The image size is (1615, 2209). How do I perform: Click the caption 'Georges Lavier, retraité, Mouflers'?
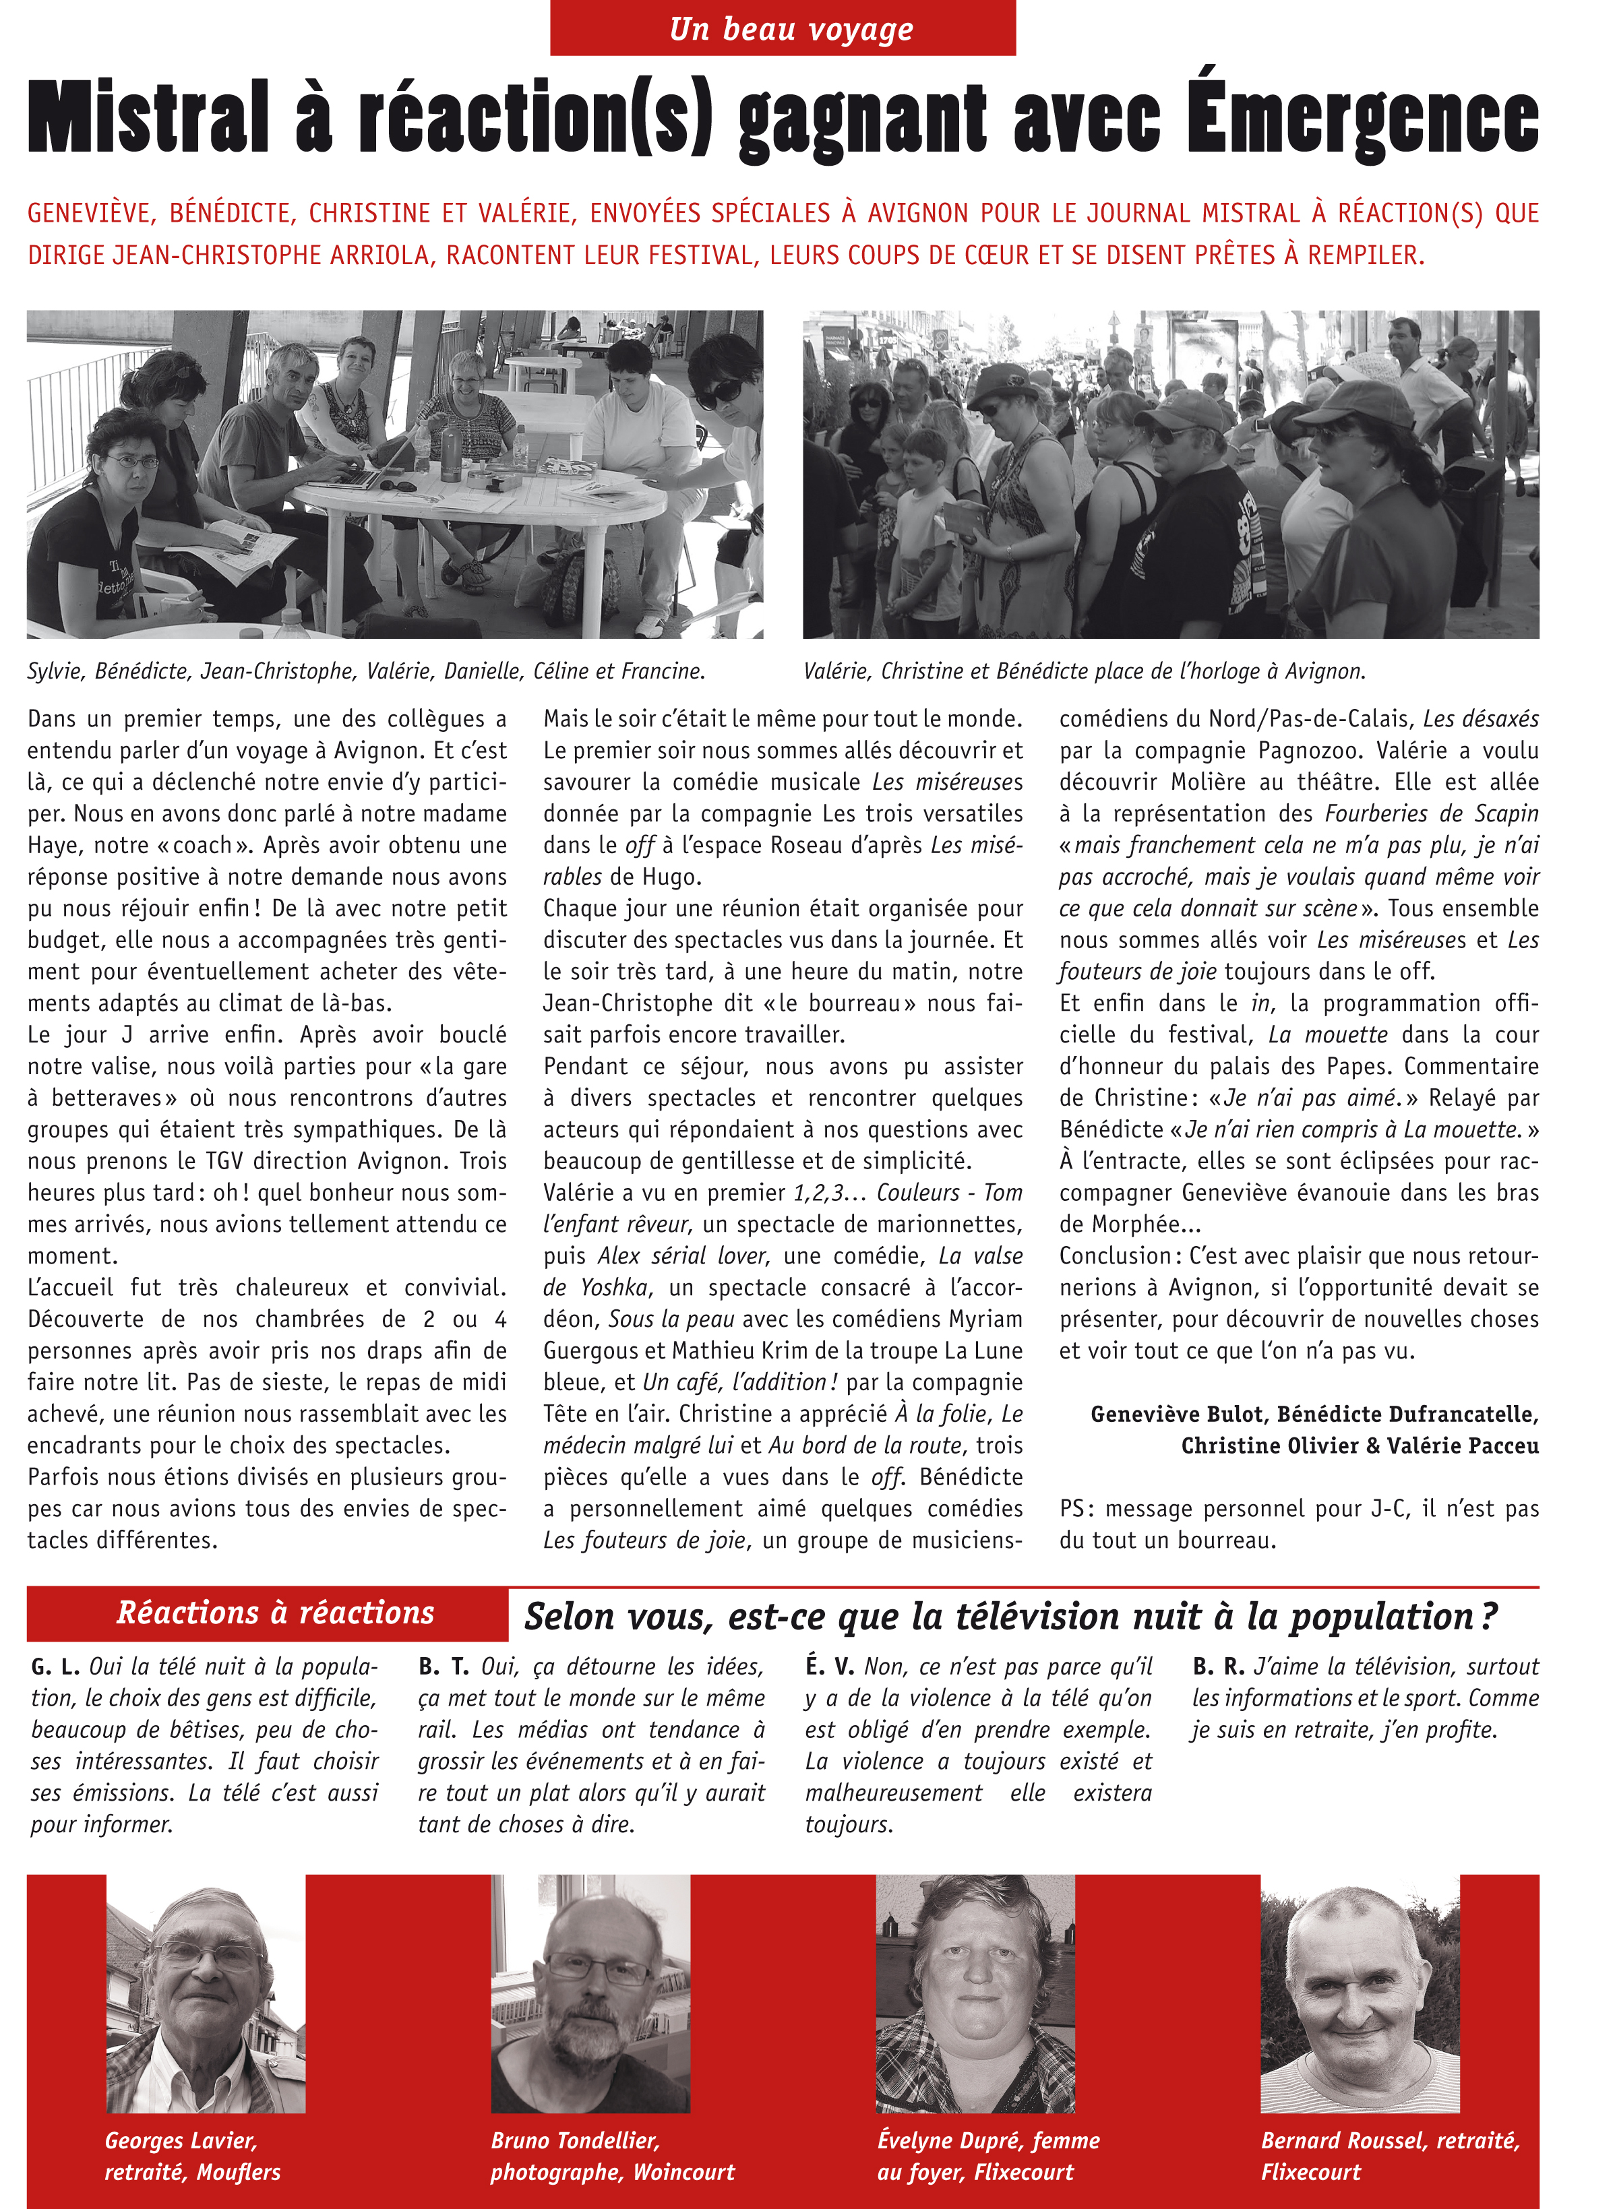click(x=193, y=2156)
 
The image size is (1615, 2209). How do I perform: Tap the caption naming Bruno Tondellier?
click(x=612, y=2156)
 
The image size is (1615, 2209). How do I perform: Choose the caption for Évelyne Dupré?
click(x=987, y=2156)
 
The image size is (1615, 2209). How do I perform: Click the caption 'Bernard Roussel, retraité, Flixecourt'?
click(x=1389, y=2156)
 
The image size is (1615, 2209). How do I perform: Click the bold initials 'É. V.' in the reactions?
click(x=830, y=1667)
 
